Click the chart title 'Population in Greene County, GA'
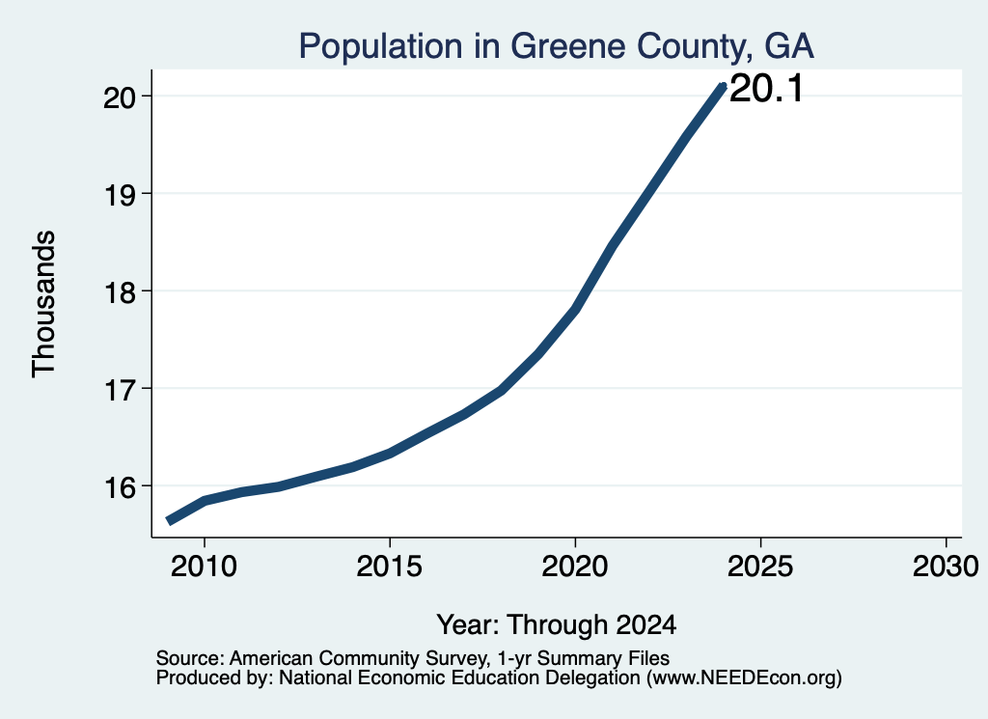click(557, 46)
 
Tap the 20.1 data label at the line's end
click(766, 88)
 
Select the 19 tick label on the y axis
click(121, 194)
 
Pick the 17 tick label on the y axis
click(121, 390)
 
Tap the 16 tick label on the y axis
click(121, 487)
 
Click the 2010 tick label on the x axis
click(205, 567)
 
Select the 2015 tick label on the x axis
click(390, 567)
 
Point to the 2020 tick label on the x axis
click(575, 567)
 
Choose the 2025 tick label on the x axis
click(760, 567)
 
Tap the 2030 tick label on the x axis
click(946, 567)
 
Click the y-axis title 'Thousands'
click(44, 304)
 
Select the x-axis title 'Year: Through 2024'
click(557, 625)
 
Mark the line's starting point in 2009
click(168, 520)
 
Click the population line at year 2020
click(575, 309)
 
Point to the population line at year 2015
click(390, 453)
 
